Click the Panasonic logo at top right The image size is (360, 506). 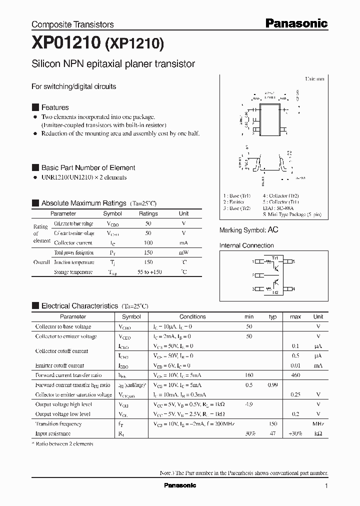[296, 23]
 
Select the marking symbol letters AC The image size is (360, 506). [273, 229]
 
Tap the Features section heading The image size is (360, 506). [55, 107]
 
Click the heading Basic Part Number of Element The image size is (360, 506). [88, 167]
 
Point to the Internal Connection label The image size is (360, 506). [246, 245]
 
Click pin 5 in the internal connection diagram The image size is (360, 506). [293, 261]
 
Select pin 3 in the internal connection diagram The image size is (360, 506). [253, 288]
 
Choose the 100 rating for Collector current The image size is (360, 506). [148, 242]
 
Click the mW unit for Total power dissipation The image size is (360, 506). [184, 252]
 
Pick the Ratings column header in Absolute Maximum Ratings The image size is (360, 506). [148, 213]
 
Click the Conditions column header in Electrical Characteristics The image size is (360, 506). [192, 316]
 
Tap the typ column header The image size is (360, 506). [272, 316]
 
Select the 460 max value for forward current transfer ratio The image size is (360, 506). [295, 375]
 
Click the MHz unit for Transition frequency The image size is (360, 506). [318, 424]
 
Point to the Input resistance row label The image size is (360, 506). [52, 433]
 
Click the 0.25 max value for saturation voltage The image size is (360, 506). [295, 394]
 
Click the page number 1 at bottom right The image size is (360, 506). [326, 485]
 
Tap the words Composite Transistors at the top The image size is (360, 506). [72, 24]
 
